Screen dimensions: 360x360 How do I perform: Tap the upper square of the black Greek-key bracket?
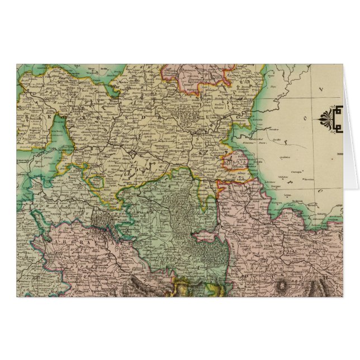point(338,112)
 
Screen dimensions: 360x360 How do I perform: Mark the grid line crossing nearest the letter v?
point(306,100)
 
